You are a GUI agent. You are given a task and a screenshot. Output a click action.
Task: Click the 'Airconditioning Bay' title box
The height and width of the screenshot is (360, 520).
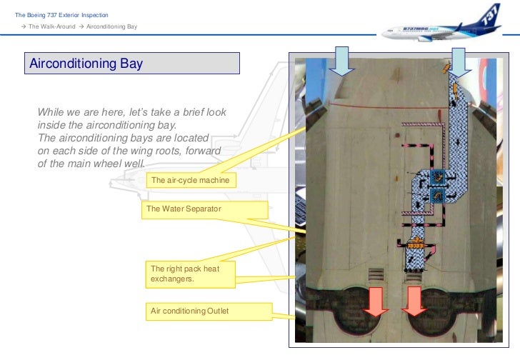[x=132, y=64]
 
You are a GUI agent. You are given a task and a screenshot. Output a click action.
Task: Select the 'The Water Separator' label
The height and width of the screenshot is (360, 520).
[x=205, y=209]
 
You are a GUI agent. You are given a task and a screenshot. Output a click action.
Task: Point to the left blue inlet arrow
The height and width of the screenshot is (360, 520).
[x=342, y=61]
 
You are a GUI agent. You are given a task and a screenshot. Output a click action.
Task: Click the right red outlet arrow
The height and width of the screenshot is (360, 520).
[x=413, y=300]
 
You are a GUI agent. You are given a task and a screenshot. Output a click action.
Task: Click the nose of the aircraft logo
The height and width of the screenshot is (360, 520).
[x=386, y=31]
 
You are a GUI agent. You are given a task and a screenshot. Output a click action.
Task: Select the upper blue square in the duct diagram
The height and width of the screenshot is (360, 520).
[x=438, y=177]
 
